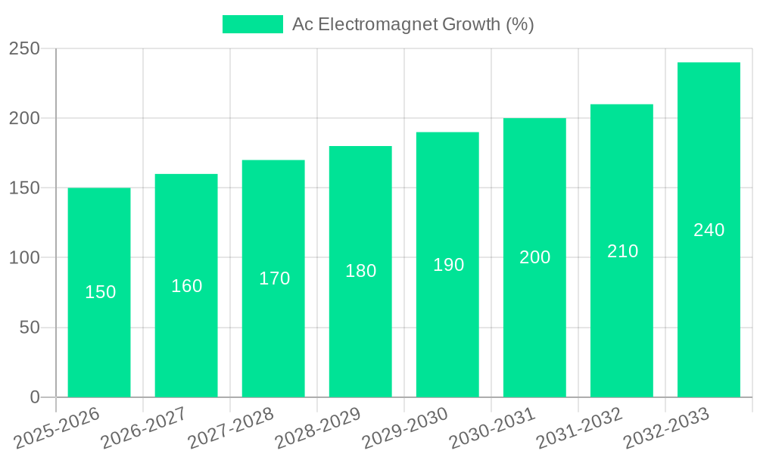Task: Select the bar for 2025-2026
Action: point(99,333)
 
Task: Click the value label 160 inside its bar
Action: point(186,286)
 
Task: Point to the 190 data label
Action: point(448,265)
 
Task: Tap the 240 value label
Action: point(709,230)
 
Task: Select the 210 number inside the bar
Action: point(622,251)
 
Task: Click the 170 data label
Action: point(274,278)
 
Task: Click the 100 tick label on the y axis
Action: point(24,258)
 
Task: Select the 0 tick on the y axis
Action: point(35,397)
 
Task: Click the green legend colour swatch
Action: point(252,24)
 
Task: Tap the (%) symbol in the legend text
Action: point(519,24)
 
